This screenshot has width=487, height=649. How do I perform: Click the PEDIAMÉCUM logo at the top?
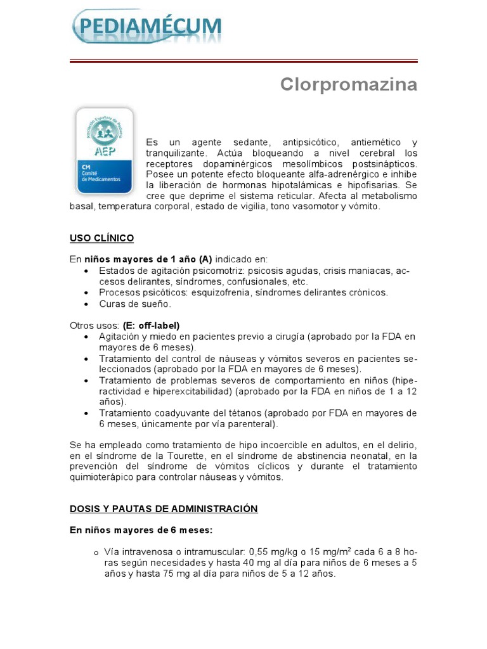tap(148, 27)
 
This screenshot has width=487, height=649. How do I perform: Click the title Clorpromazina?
tap(349, 85)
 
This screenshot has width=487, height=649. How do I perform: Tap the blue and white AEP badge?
tap(104, 150)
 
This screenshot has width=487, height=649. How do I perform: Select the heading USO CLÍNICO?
tap(101, 238)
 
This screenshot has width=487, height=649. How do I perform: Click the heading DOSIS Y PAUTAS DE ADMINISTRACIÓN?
tap(164, 509)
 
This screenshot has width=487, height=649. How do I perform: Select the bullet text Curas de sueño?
tap(135, 304)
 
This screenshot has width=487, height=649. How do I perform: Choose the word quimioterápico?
tap(104, 477)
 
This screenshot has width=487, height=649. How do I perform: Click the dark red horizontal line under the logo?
tap(243, 61)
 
